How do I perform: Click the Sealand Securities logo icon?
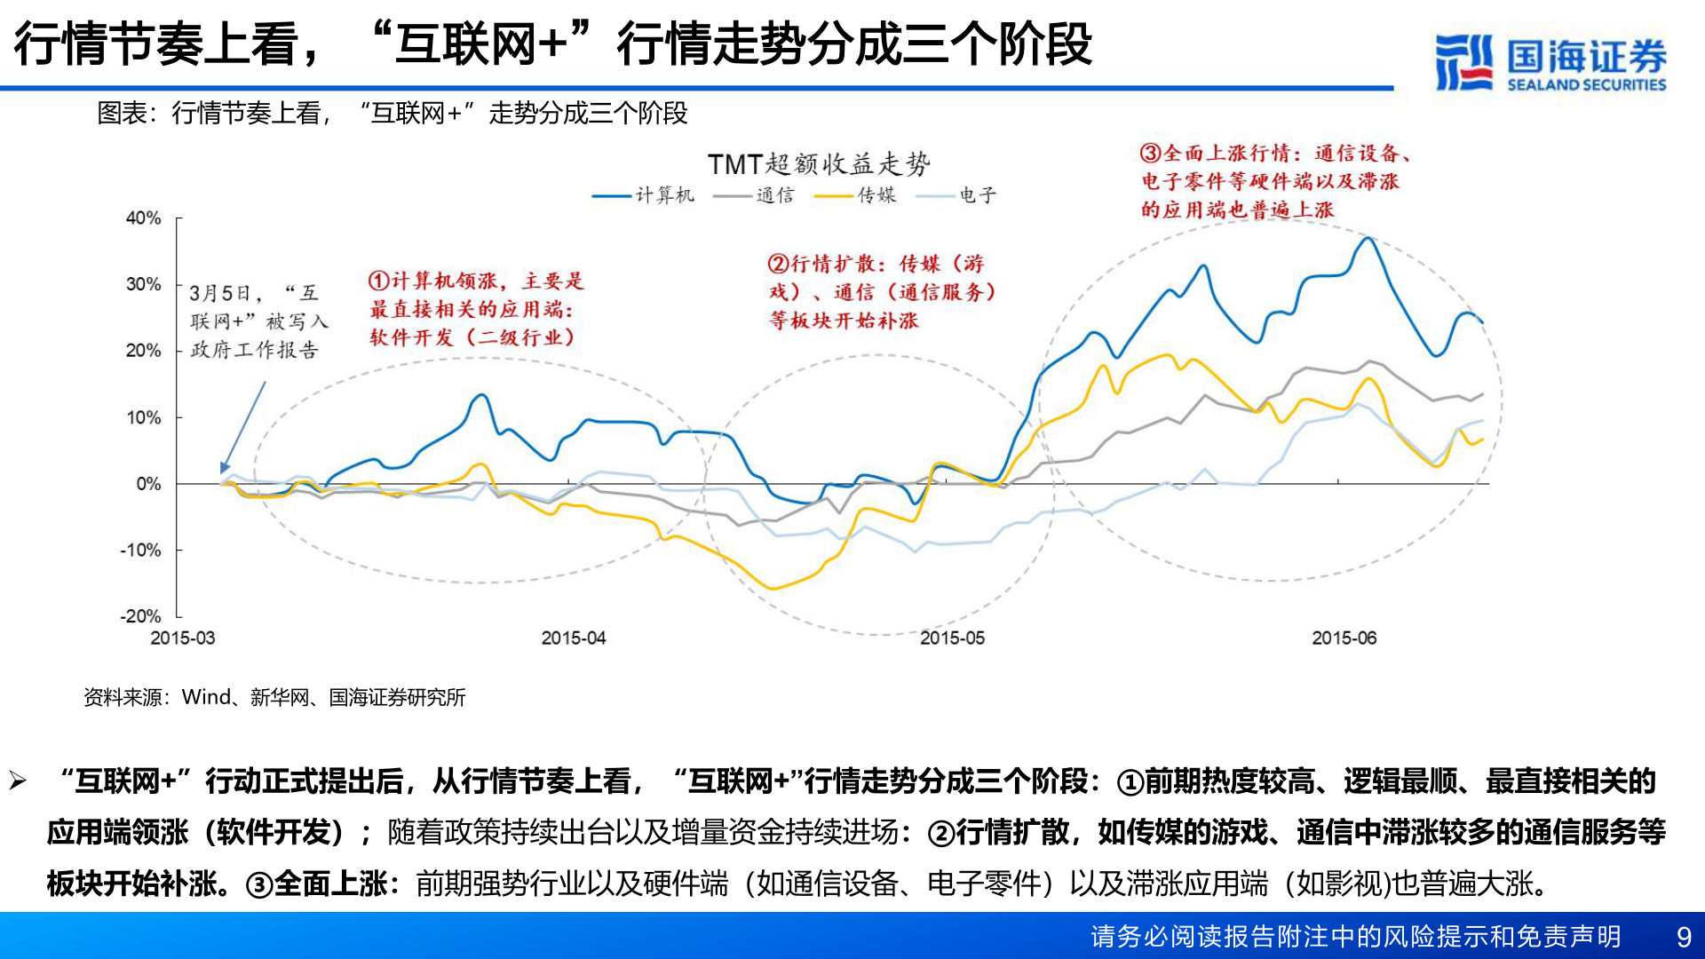[1463, 62]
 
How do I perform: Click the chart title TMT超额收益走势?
[818, 164]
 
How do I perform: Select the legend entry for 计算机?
[644, 195]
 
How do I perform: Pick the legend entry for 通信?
[754, 195]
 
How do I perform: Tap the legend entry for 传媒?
[856, 195]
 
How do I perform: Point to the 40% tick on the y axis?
[143, 218]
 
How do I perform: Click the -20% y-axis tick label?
[140, 616]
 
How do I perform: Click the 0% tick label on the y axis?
[148, 484]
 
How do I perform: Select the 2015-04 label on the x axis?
[573, 638]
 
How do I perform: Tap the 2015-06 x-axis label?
[1344, 638]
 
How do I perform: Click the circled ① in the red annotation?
[378, 281]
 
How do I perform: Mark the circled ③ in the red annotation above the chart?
[1150, 153]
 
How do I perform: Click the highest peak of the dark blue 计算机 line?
[1368, 238]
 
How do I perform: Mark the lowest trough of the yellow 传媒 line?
[772, 589]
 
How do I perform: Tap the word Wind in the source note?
[206, 698]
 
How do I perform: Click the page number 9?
[1683, 937]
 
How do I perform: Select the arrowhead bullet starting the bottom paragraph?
[18, 781]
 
